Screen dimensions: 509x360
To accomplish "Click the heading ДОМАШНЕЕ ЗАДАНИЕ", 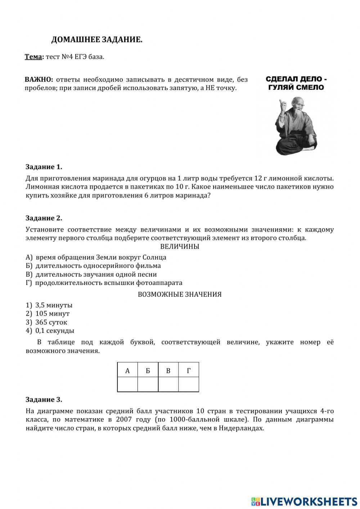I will [x=96, y=40].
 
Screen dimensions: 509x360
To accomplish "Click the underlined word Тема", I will [x=33, y=57].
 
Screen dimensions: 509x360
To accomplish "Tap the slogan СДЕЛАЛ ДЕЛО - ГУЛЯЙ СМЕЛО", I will [x=296, y=83].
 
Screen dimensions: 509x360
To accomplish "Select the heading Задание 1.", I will [x=44, y=167].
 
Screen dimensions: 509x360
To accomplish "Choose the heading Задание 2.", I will [x=44, y=218].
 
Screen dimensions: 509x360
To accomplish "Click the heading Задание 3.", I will [x=44, y=399].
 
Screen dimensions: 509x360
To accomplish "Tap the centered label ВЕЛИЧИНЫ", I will [x=179, y=247].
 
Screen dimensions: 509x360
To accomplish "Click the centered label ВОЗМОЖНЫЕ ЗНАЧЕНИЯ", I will [x=179, y=294].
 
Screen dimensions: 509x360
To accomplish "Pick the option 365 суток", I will [x=51, y=322].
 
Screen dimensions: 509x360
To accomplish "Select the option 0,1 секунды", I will [x=54, y=331].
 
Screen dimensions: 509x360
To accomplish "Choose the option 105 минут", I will [x=52, y=314].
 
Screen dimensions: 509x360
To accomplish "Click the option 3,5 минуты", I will [x=54, y=305].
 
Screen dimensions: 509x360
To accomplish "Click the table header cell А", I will [x=127, y=370].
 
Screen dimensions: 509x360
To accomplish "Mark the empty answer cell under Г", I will [x=189, y=384].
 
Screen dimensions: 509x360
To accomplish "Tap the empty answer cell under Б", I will [x=148, y=384].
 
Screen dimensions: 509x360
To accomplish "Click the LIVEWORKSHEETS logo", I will [x=304, y=501].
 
